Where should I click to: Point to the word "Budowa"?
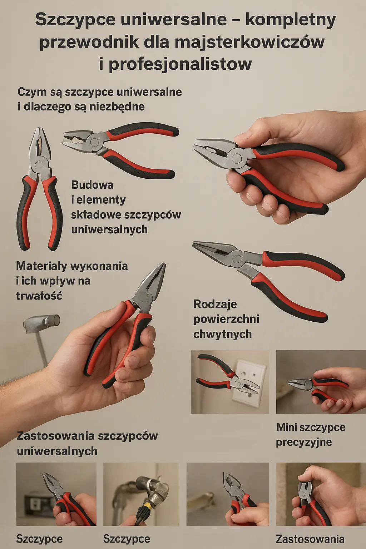(x=92, y=185)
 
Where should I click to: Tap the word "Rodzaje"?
(x=215, y=304)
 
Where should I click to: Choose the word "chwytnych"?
(x=222, y=334)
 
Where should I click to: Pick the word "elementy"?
(x=101, y=200)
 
